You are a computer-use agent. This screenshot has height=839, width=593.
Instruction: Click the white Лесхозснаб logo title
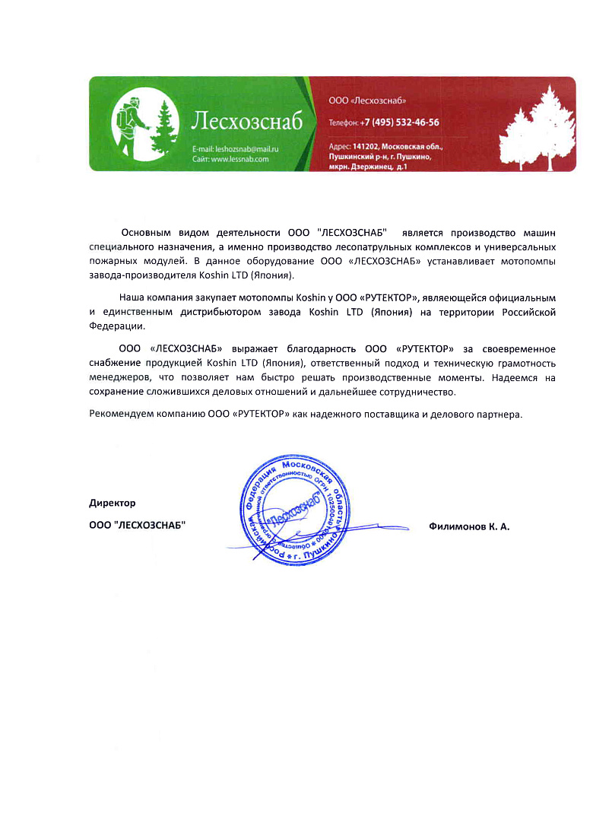tap(247, 121)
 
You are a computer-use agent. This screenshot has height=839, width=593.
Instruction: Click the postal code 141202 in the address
tap(369, 145)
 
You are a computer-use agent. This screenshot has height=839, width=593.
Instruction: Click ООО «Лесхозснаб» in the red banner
tap(363, 100)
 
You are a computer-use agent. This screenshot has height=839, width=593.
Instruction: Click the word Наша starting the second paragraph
tap(132, 297)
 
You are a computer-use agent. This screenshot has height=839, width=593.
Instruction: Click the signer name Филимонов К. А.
tap(469, 526)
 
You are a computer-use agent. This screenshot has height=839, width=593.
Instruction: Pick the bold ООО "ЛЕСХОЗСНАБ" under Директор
tap(137, 526)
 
